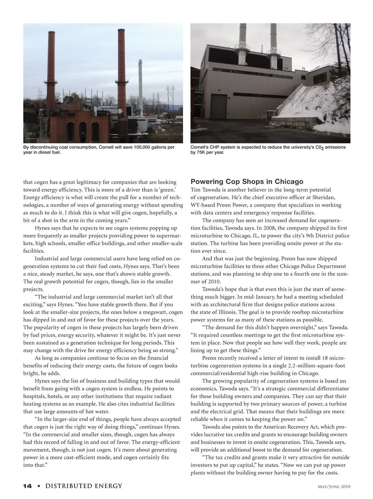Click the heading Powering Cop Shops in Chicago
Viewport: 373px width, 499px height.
click(x=247, y=181)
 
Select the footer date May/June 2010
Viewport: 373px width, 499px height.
click(x=334, y=487)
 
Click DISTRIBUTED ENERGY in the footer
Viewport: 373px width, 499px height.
click(x=84, y=486)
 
